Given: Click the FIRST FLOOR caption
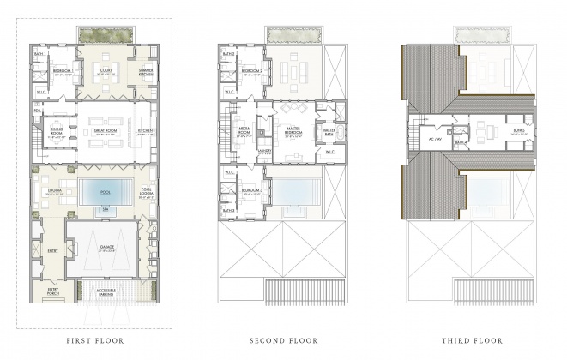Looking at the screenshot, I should [x=95, y=340].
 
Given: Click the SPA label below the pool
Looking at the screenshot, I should [x=106, y=210].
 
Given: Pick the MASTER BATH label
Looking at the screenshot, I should [x=329, y=131].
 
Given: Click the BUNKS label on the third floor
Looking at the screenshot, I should [x=519, y=131].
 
